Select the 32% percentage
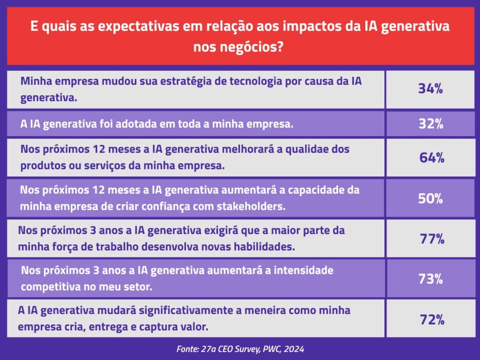431,124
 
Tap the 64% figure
432,157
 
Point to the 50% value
430,199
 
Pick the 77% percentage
432,239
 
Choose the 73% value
431,279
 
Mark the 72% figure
432,320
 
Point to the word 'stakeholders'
251,206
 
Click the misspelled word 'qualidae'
308,150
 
